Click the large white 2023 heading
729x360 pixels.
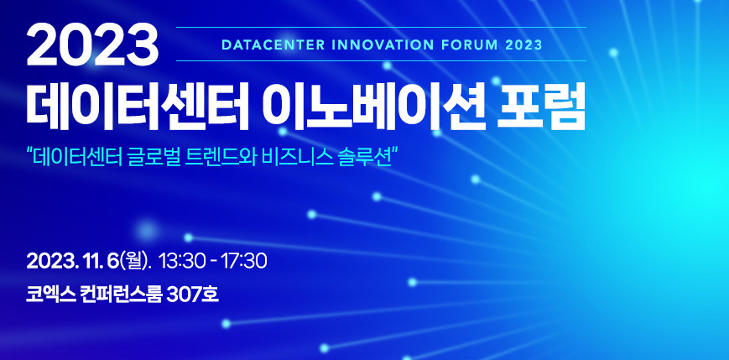(x=92, y=45)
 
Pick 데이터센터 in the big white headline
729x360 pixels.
(x=136, y=107)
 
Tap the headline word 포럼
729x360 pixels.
(x=537, y=107)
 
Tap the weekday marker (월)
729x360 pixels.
(x=134, y=261)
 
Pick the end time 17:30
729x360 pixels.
(x=246, y=261)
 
